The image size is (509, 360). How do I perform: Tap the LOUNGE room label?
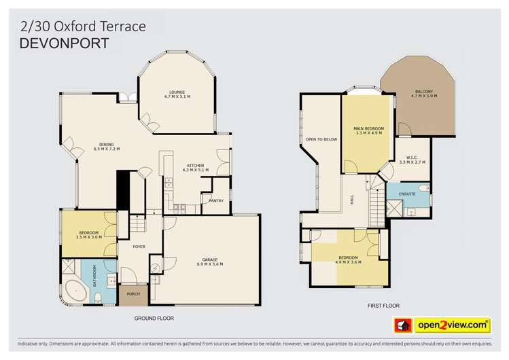coord(177,92)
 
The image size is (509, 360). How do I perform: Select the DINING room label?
coord(106,145)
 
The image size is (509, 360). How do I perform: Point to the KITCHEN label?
coord(196,165)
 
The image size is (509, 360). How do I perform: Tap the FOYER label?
coord(138,247)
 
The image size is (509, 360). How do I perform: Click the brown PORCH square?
coord(132,294)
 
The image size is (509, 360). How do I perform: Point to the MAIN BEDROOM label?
coord(369,128)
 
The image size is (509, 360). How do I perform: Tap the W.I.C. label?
coord(411,157)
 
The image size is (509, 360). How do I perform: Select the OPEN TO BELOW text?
coord(321,139)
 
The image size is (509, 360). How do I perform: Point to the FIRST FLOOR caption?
coord(383,306)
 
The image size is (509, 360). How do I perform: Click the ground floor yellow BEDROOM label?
coord(88,232)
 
